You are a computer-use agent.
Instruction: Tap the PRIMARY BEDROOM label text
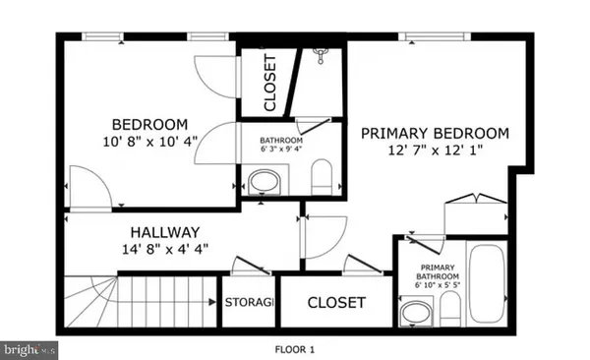coord(434,133)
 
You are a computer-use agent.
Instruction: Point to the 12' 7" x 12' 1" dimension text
coord(434,151)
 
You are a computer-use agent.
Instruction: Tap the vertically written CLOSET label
coord(271,83)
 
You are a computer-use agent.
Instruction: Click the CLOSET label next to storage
coord(336,303)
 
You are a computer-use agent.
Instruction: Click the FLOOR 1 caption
coord(295,348)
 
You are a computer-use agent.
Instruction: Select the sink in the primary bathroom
coord(414,314)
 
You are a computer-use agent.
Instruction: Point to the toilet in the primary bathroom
coord(448,310)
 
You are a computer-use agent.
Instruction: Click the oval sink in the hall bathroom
coord(263,181)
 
